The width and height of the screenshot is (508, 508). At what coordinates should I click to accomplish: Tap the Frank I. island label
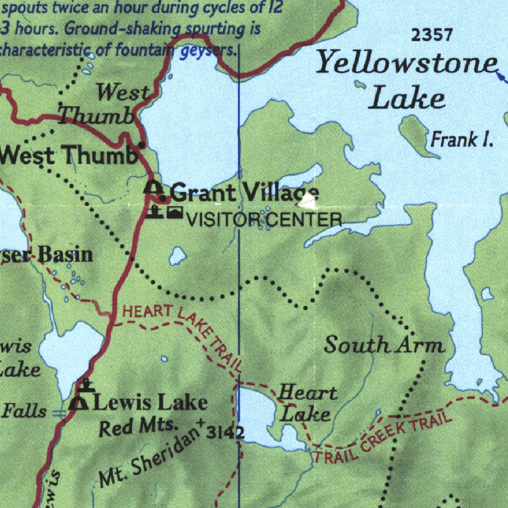(461, 140)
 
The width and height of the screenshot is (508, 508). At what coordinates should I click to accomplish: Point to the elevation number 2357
(432, 35)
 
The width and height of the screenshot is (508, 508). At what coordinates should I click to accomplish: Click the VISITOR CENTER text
(264, 219)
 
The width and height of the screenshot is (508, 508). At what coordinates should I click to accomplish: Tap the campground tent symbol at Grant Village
(154, 189)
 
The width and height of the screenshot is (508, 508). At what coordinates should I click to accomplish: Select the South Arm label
(384, 345)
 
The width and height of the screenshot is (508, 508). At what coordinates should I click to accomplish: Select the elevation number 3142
(225, 433)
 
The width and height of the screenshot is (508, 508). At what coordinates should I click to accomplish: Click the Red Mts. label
(138, 427)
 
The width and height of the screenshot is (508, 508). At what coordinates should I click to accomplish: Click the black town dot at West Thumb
(142, 145)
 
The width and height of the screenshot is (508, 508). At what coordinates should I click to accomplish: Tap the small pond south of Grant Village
(177, 256)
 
